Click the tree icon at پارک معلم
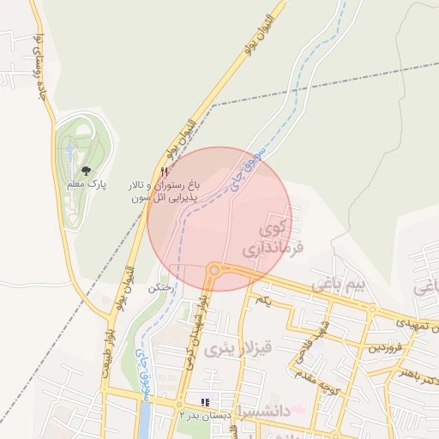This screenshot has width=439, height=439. coord(85,171)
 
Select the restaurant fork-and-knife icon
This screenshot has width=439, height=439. coord(164,172)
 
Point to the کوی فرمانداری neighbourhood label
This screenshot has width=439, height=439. coord(274,241)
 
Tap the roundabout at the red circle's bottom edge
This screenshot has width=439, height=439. coord(213,271)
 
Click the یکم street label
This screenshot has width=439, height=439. coord(264,300)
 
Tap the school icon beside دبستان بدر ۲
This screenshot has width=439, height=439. coord(204,401)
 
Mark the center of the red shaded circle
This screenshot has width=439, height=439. coord(219,219)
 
